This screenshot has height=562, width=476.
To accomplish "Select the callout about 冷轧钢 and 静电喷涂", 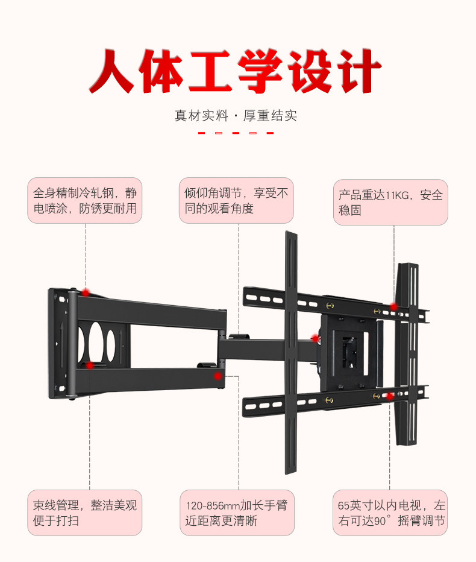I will click(85, 201).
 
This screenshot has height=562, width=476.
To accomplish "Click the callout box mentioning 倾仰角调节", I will click(236, 201).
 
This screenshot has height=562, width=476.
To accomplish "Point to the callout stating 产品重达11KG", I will click(390, 203).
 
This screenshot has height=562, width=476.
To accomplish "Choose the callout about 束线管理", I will click(85, 513).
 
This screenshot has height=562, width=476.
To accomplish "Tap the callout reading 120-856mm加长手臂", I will click(237, 513).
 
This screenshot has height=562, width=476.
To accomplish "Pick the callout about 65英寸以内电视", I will click(390, 513).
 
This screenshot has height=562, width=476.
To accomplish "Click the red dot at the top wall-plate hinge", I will click(86, 292).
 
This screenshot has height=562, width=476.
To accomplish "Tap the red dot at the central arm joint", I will click(315, 339).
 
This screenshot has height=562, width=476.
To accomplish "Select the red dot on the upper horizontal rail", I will click(393, 307).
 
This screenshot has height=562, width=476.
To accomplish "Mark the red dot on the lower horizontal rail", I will click(390, 396).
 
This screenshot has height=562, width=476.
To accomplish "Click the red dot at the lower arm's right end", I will click(218, 376).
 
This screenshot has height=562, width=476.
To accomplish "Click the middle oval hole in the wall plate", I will click(96, 342).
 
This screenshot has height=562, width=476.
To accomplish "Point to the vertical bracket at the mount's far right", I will click(408, 353).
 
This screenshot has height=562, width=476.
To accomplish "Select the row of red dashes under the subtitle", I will click(236, 133).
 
